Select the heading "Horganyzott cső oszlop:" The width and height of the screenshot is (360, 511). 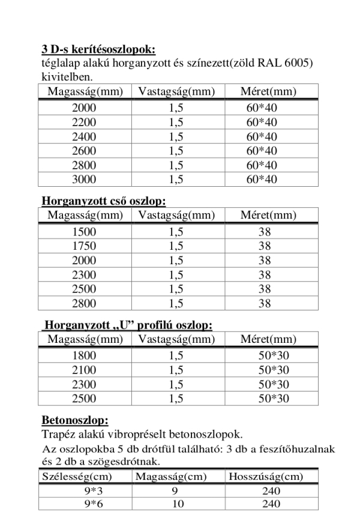(103, 201)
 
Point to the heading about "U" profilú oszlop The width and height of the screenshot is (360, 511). (128, 325)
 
